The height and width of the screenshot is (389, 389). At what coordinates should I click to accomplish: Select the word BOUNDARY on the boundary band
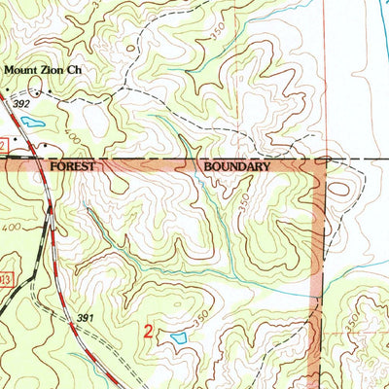(236, 166)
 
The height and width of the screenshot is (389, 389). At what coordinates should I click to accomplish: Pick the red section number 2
(148, 332)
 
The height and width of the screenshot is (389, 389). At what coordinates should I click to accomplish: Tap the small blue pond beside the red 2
(178, 337)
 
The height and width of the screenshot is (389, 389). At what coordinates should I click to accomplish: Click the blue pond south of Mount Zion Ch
(32, 124)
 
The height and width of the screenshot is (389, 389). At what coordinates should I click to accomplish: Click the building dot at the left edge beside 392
(4, 95)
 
